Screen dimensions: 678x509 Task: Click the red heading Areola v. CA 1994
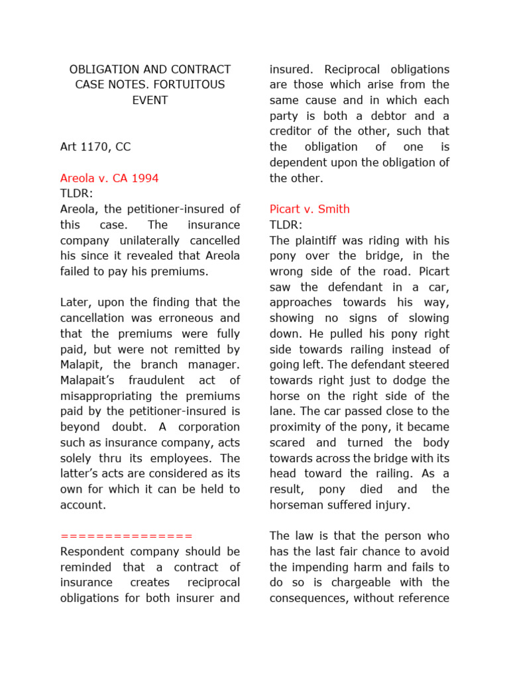pos(109,178)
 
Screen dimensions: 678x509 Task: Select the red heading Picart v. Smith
pos(310,209)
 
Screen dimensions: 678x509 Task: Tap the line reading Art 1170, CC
pos(95,147)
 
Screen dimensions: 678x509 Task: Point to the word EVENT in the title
pos(150,101)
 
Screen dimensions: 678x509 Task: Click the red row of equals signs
pos(126,536)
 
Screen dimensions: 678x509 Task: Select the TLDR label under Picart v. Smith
pos(286,225)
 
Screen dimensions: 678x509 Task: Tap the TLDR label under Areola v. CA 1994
pos(76,194)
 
